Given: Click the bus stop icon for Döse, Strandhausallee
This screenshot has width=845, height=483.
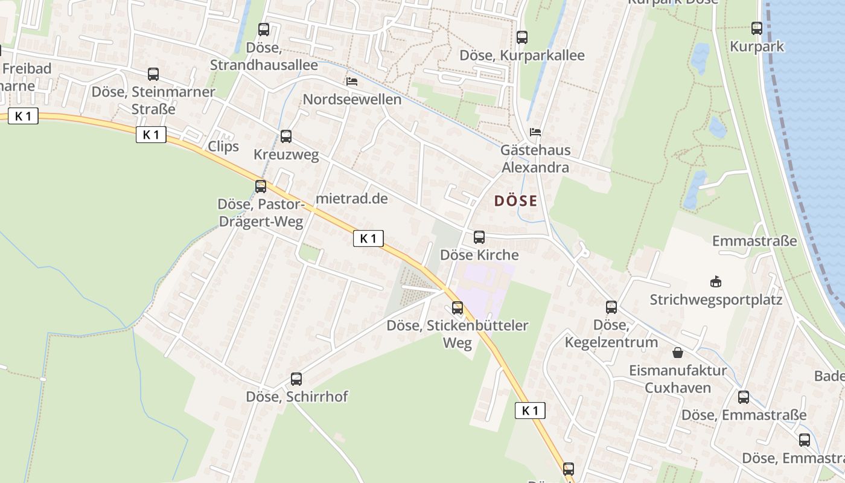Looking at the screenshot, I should pyautogui.click(x=264, y=29).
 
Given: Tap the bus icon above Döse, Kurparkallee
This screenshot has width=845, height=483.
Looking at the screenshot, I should pyautogui.click(x=522, y=37).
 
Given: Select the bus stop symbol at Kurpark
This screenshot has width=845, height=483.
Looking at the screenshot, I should pyautogui.click(x=757, y=28).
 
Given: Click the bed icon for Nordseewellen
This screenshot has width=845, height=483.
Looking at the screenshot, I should pyautogui.click(x=352, y=81).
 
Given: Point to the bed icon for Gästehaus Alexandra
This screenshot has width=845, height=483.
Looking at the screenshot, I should pyautogui.click(x=535, y=132).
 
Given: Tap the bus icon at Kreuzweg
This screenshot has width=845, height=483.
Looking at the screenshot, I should pyautogui.click(x=286, y=136).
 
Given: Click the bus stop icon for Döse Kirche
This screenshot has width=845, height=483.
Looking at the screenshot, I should pyautogui.click(x=479, y=237).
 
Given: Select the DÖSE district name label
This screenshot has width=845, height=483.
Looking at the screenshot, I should pyautogui.click(x=515, y=201).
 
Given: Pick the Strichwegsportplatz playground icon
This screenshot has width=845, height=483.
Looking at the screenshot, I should pyautogui.click(x=716, y=281).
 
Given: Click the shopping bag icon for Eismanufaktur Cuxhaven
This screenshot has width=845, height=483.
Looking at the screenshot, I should pyautogui.click(x=678, y=352).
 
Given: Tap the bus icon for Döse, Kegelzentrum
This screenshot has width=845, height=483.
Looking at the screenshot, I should pyautogui.click(x=611, y=307).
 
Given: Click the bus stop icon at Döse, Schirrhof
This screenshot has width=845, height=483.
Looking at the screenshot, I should pyautogui.click(x=296, y=379).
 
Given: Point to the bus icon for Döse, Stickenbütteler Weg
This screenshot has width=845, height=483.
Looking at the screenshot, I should pyautogui.click(x=458, y=308).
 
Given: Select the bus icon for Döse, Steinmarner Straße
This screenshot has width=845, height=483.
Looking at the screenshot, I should pyautogui.click(x=153, y=74).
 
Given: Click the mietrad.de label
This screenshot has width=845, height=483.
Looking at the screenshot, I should pyautogui.click(x=352, y=199).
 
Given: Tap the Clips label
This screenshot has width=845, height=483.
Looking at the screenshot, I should pyautogui.click(x=223, y=147).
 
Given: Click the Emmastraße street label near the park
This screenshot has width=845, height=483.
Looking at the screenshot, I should pyautogui.click(x=754, y=241).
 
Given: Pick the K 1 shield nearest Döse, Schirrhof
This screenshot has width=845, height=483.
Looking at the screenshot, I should pyautogui.click(x=530, y=411).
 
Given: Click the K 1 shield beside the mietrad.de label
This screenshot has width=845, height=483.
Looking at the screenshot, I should pyautogui.click(x=368, y=238).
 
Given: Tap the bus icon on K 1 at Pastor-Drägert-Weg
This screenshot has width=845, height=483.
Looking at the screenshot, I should pyautogui.click(x=261, y=186).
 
